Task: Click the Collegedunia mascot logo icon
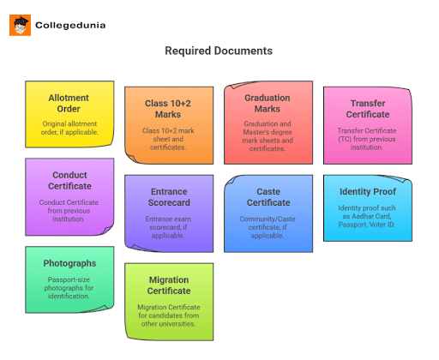point(20,25)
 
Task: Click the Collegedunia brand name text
point(70,25)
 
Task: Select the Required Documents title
point(219,51)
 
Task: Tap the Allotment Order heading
point(69,103)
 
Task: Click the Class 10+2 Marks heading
point(168,109)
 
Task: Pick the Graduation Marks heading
point(268,103)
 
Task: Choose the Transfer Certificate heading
point(368,109)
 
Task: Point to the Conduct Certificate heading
point(69,180)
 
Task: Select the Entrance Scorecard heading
point(169,197)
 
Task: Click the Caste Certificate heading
point(268,197)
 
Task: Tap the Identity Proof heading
point(368,191)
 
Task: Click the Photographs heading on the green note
point(69,263)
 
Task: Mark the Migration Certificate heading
point(169,285)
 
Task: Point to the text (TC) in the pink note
point(345,139)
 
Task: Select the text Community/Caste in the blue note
point(268,219)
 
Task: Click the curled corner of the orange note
point(131,158)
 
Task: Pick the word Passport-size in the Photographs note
point(69,279)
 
